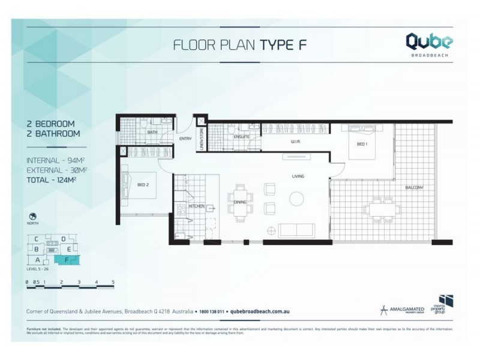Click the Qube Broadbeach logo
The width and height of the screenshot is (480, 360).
pos(430,44)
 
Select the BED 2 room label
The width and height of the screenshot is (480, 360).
pos(142,184)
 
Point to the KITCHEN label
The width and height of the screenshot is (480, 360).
pos(197,206)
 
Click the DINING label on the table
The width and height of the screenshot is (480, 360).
pos(240,203)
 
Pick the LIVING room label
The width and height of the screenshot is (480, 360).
pos(298,176)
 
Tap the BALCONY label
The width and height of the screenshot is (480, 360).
pos(414,188)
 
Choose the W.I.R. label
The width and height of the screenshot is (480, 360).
pos(295,142)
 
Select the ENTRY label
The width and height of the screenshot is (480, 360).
pos(185,139)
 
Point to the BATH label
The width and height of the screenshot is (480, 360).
pos(152,132)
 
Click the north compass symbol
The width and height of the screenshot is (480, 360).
pos(32,217)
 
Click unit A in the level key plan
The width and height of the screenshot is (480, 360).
pos(37,260)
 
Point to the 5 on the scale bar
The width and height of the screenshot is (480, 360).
pos(113,281)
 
